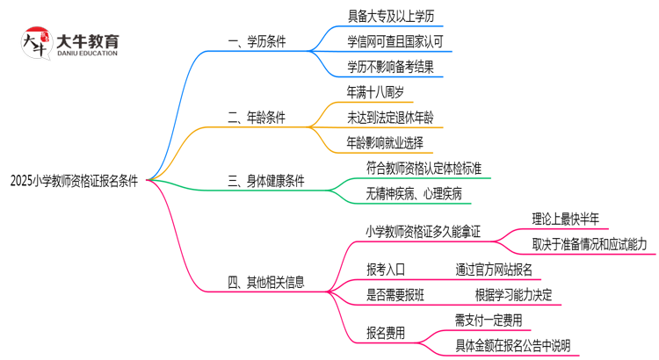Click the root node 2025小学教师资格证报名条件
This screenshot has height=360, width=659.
75,180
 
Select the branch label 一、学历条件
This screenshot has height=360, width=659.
257,40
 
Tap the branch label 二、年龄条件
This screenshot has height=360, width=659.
257,117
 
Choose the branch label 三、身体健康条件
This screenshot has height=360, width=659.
266,181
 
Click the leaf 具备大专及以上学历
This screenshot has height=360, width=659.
390,15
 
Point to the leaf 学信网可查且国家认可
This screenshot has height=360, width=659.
395,40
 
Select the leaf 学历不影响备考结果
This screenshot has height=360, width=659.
390,66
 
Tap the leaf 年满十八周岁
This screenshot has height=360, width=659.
375,91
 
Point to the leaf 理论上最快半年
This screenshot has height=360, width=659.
566,219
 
